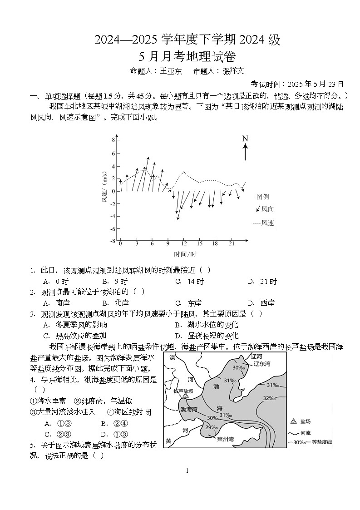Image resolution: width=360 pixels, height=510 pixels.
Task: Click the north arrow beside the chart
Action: (245, 149)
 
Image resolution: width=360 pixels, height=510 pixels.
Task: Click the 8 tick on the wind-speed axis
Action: (113, 140)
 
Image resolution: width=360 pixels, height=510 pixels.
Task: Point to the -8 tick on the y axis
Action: (112, 241)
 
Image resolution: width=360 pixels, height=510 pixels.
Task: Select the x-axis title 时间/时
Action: (185, 254)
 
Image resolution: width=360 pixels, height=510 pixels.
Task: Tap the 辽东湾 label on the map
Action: (261, 364)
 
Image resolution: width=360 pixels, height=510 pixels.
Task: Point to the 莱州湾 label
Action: (225, 439)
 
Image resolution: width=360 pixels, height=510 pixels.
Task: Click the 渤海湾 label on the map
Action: (189, 409)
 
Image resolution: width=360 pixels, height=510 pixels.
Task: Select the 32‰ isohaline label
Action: (270, 398)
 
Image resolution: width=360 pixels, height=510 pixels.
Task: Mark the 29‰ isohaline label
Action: (211, 427)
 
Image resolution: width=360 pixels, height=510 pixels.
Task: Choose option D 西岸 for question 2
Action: (261, 303)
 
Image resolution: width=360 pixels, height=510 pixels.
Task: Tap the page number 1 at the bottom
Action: (187, 471)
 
